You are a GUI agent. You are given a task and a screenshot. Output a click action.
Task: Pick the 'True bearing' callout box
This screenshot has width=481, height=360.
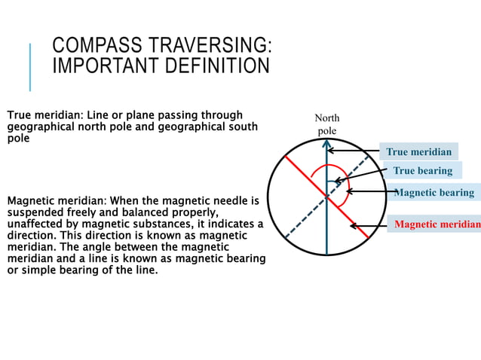pyautogui.click(x=422, y=170)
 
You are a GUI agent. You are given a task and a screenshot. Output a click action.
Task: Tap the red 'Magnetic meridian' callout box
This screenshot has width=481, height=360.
pyautogui.click(x=435, y=224)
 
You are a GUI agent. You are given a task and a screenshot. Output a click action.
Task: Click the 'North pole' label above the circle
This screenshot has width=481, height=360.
pyautogui.click(x=326, y=124)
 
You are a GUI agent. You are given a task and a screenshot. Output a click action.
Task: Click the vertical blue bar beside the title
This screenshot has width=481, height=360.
pyautogui.click(x=31, y=67)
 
